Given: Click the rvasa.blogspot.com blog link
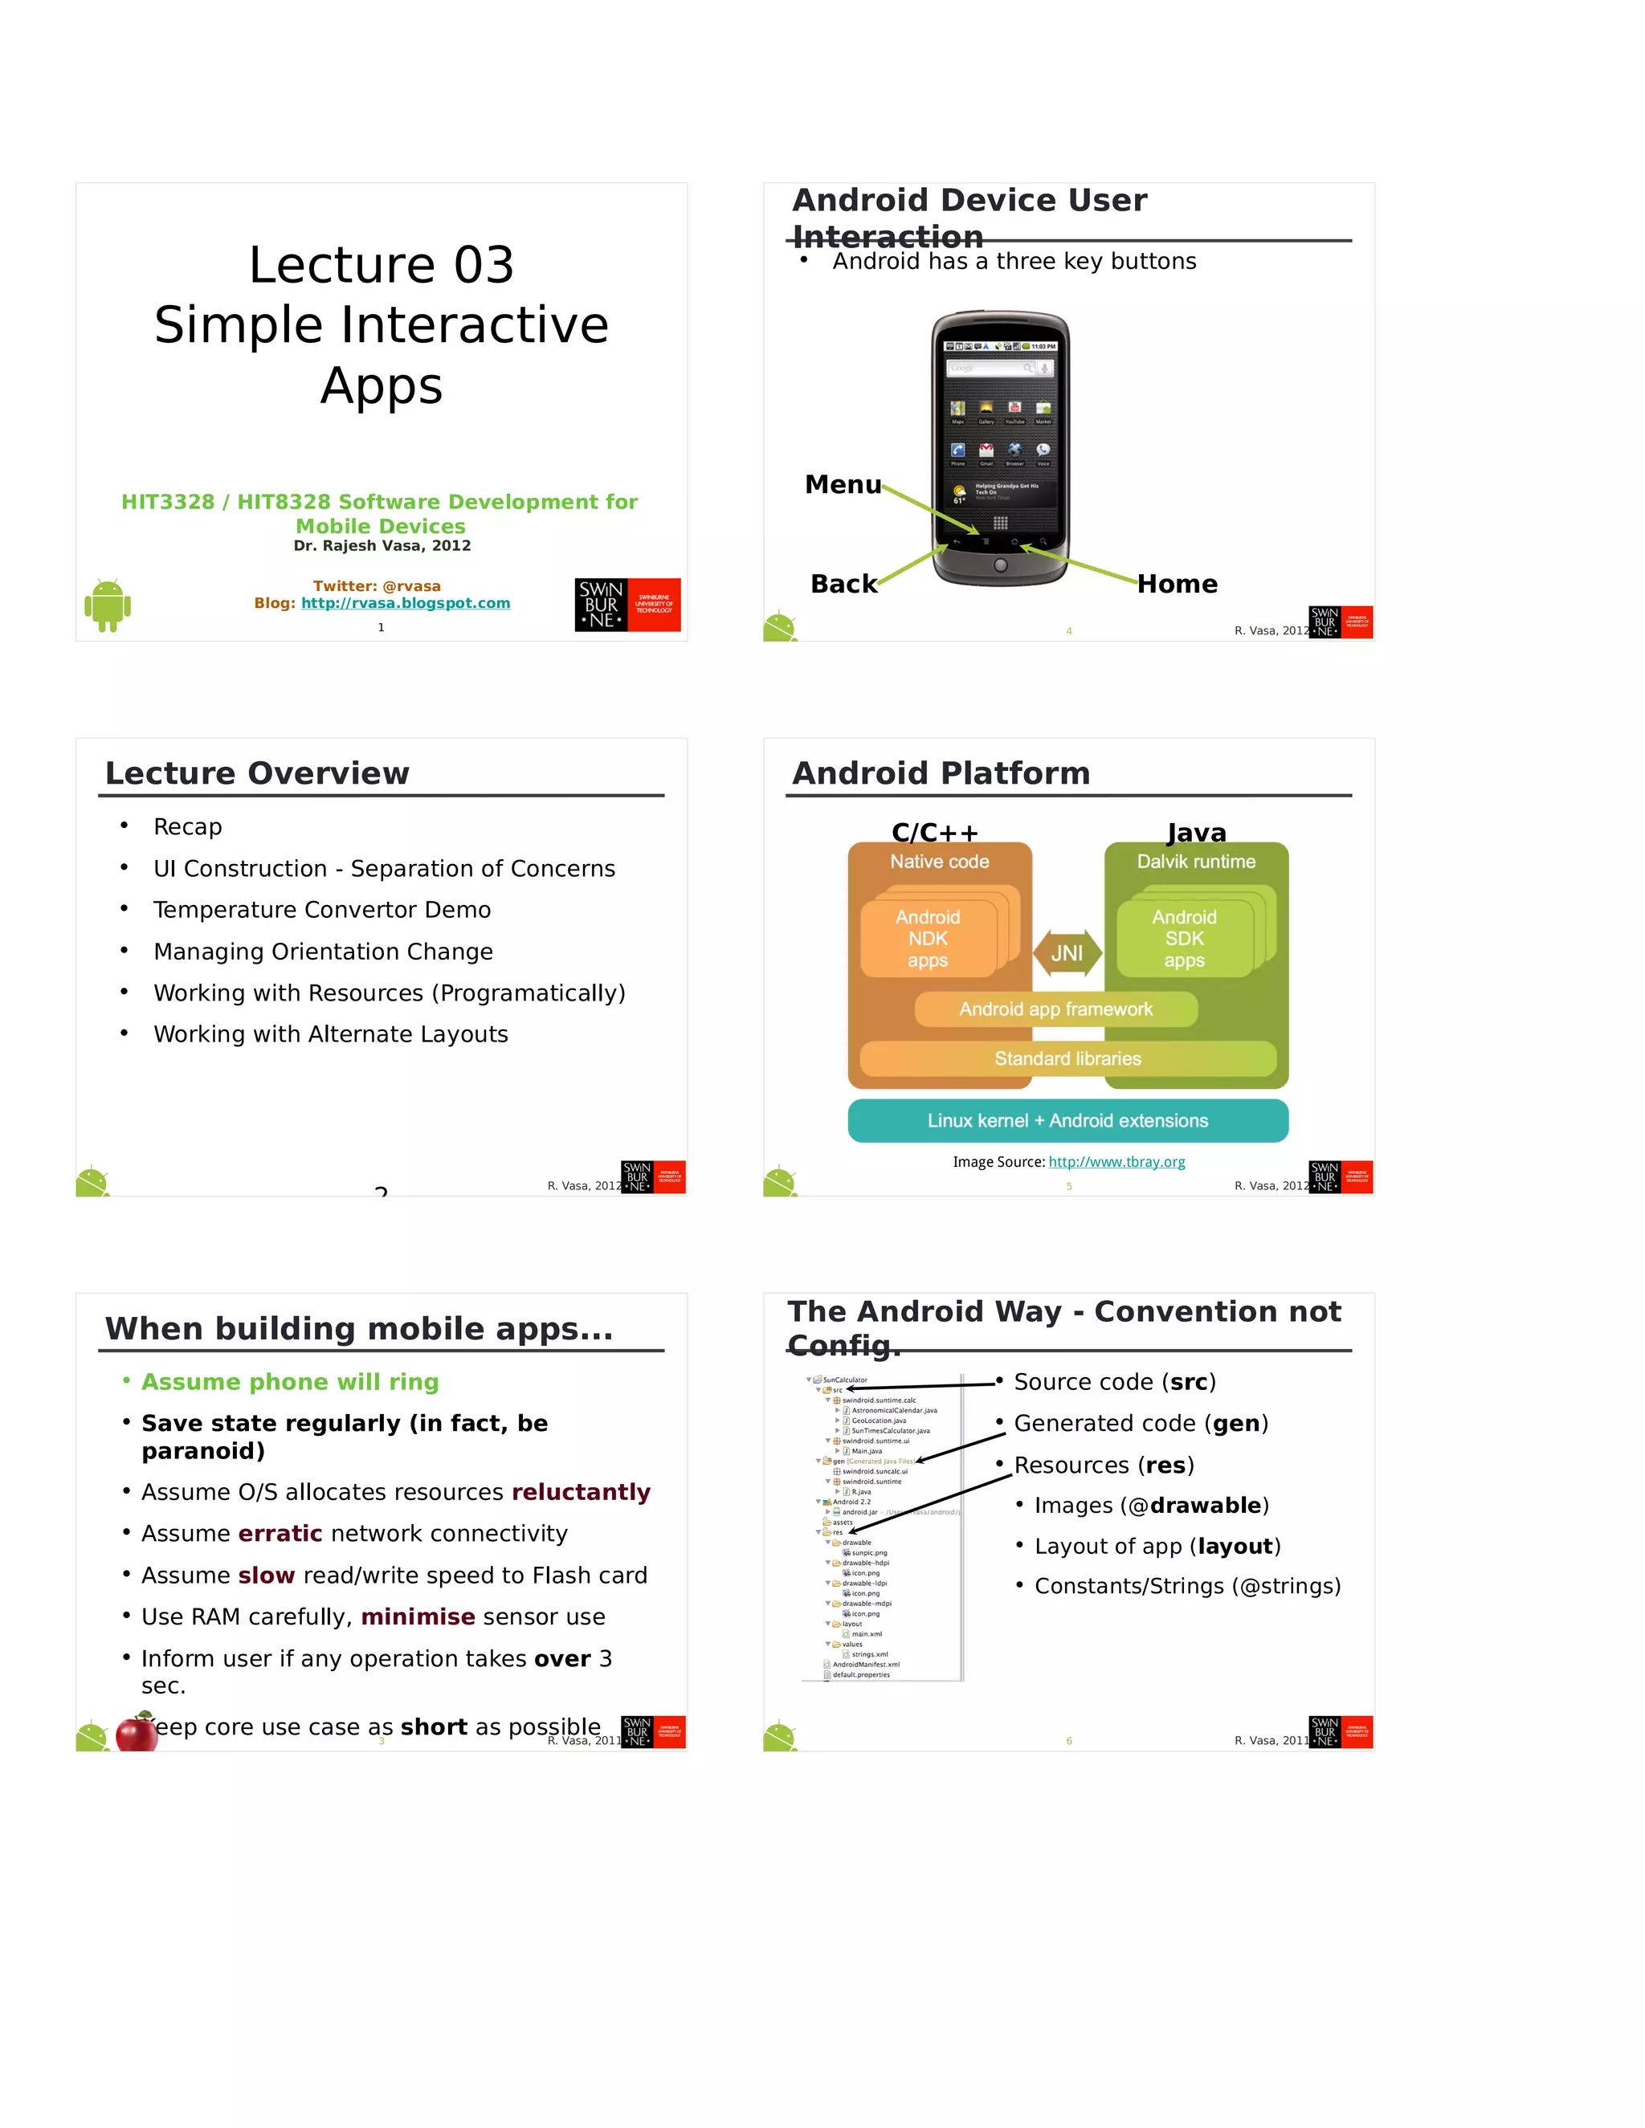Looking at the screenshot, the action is pyautogui.click(x=406, y=603).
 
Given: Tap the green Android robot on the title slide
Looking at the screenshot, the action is pyautogui.click(x=107, y=605).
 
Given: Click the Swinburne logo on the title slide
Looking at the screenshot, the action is pyautogui.click(x=627, y=605).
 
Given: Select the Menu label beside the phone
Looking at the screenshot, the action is pyautogui.click(x=842, y=485).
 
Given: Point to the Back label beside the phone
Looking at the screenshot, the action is pyautogui.click(x=843, y=584).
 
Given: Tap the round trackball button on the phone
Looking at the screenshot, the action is pyautogui.click(x=1000, y=566).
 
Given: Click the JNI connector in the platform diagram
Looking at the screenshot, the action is pyautogui.click(x=1067, y=953).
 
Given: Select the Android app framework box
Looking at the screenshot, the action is pyautogui.click(x=1055, y=1009).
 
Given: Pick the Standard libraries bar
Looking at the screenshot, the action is pyautogui.click(x=1067, y=1059).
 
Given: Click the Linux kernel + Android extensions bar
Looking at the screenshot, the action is pyautogui.click(x=1067, y=1120).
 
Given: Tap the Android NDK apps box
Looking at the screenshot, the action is pyautogui.click(x=928, y=938).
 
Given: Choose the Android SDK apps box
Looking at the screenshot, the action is pyautogui.click(x=1184, y=938).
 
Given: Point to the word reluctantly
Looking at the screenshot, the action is pyautogui.click(x=581, y=1492).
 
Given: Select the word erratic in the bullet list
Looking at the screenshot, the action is pyautogui.click(x=280, y=1534).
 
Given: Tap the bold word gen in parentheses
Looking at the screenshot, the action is pyautogui.click(x=1235, y=1424).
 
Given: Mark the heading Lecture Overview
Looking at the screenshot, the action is pyautogui.click(x=257, y=773).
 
